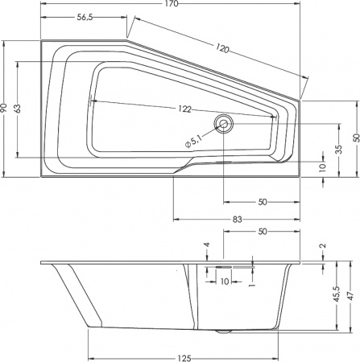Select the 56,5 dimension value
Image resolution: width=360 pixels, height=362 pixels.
(85, 17)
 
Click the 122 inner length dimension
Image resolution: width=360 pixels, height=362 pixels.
(186, 109)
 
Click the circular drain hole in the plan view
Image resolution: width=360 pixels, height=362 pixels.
(223, 123)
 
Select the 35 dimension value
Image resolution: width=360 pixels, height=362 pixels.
(339, 149)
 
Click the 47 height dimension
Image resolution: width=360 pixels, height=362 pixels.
(354, 296)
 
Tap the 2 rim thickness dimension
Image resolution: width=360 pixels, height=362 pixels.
(322, 246)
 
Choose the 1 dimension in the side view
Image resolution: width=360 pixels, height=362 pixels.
(251, 284)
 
